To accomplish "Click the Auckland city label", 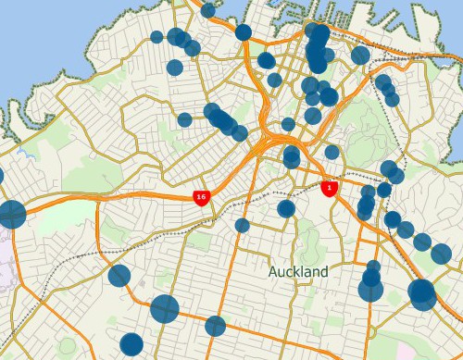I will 298,272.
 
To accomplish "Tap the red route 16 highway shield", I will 200,196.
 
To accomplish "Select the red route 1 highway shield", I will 328,188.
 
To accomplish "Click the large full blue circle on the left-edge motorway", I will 11,214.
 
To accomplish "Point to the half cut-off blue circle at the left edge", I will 1,175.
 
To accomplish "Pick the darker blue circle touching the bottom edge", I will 131,345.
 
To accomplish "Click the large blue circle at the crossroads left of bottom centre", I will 165,308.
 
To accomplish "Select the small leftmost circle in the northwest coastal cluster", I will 156,38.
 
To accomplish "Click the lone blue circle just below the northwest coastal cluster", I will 175,68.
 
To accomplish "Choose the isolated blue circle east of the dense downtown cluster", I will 360,56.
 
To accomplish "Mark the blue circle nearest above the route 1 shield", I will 332,152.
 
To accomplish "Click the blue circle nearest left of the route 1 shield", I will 286,208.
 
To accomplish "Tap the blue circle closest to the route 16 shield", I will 243,225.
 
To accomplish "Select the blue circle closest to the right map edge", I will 442,254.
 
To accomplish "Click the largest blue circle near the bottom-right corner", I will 422,294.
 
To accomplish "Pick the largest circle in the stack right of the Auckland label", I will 370,291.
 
